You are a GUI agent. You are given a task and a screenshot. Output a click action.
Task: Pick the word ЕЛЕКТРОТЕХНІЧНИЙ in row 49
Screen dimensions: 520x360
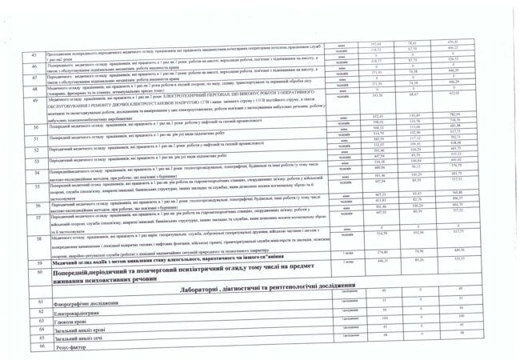click(x=191, y=94)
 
